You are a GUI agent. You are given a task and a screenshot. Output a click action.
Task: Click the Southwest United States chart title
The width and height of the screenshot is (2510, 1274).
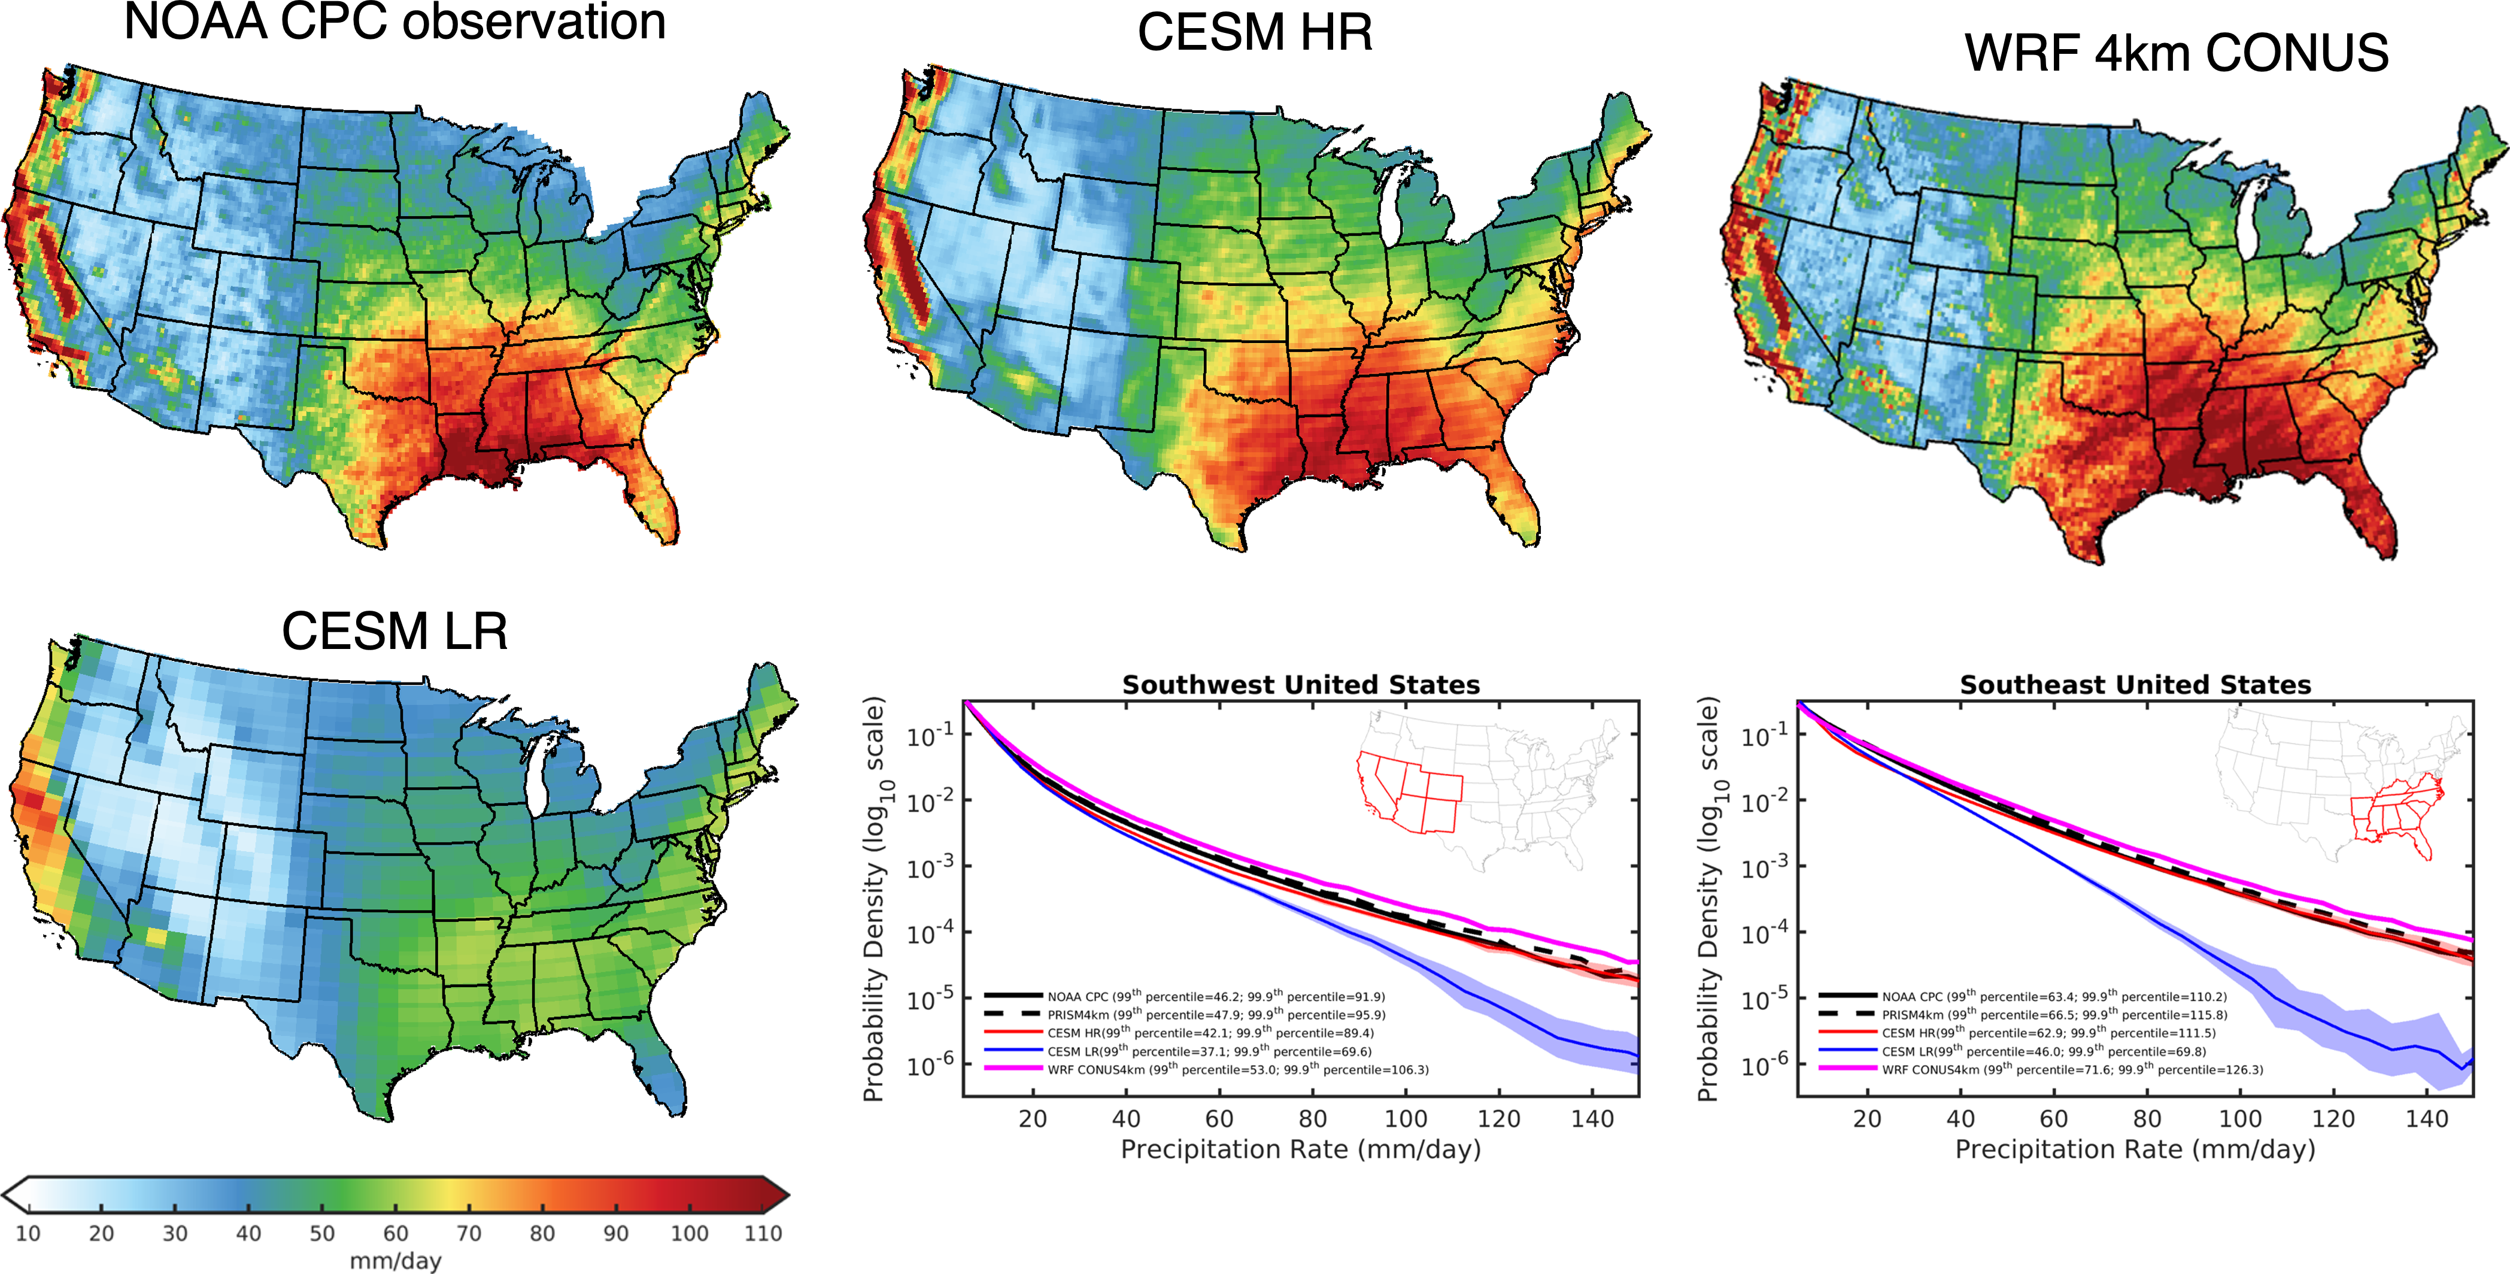pos(1301,685)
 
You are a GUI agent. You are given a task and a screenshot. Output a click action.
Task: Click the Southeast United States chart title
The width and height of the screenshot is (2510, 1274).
pos(2135,685)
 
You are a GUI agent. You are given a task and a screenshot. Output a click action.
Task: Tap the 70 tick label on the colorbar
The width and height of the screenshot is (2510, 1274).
pos(469,1233)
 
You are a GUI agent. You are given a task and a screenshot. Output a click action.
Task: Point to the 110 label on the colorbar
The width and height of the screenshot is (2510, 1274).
pos(763,1233)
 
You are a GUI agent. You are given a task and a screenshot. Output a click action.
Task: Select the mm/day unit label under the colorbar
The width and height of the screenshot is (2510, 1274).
pos(396,1260)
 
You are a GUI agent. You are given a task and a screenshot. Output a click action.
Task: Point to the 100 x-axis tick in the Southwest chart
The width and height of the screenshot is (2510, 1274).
pos(1406,1119)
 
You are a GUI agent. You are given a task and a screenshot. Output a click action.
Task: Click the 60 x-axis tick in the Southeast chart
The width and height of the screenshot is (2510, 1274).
pos(2054,1119)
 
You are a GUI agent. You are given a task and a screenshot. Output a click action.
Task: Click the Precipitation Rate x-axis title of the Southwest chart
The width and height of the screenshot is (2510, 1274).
pos(1301,1149)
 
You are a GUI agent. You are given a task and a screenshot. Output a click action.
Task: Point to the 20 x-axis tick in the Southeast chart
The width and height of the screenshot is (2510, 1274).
pos(1867,1119)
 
